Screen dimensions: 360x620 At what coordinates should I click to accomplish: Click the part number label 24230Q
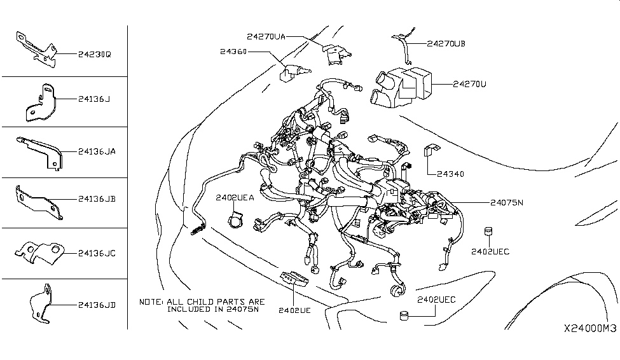[x=95, y=55]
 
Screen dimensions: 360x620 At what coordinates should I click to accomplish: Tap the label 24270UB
[x=446, y=44]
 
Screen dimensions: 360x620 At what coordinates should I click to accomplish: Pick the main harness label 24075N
[x=506, y=203]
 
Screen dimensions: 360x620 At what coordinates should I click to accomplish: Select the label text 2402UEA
[x=235, y=198]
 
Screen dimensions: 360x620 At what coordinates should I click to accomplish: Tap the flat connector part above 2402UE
[x=294, y=279]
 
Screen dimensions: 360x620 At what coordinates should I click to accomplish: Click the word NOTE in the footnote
[x=151, y=301]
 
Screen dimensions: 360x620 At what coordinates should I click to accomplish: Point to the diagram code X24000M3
[x=589, y=328]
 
